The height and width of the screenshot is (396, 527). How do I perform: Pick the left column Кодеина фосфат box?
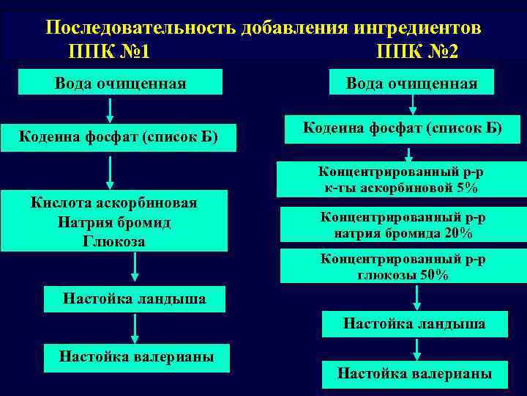(119, 136)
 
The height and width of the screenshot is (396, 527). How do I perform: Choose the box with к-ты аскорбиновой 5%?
(401, 180)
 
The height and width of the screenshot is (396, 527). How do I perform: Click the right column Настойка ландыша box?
(414, 323)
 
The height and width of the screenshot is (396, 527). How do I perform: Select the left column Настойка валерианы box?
(137, 357)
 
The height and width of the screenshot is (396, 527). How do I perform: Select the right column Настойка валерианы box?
(414, 373)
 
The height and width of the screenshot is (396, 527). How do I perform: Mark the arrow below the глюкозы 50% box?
(416, 298)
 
